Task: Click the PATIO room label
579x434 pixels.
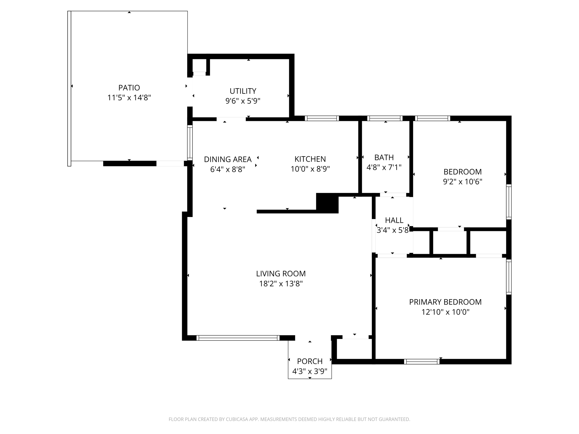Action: [x=129, y=88]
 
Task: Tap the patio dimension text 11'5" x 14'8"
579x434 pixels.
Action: [x=129, y=98]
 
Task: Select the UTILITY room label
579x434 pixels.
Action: [x=243, y=91]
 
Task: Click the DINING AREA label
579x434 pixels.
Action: [x=228, y=159]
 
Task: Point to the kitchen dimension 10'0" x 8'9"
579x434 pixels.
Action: [x=310, y=169]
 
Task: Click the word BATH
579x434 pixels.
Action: [x=384, y=157]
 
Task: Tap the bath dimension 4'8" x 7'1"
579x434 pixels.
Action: [x=384, y=168]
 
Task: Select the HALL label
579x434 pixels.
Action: [x=394, y=220]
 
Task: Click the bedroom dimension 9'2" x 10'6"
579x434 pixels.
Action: [x=463, y=182]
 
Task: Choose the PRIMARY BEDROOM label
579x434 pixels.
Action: [x=445, y=302]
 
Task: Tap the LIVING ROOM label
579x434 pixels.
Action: [x=281, y=274]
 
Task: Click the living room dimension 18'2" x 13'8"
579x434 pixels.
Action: [x=281, y=284]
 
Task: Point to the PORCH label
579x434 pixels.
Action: [x=310, y=361]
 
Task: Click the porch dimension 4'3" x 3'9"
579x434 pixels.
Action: [x=310, y=371]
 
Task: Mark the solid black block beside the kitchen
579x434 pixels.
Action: [x=327, y=203]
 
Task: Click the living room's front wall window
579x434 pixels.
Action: [x=238, y=338]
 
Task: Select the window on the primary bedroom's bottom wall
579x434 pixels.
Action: [x=422, y=361]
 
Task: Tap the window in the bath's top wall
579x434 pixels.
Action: [x=385, y=118]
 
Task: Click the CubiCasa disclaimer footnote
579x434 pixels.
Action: [x=289, y=419]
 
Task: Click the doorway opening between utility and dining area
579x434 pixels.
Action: [x=231, y=119]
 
